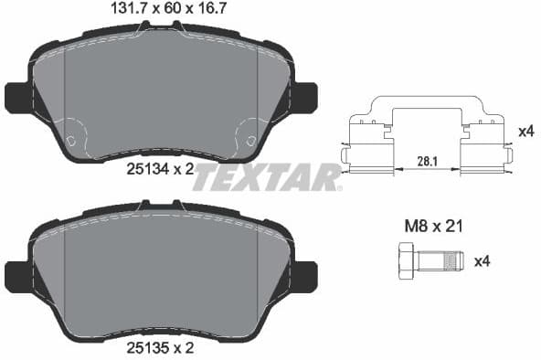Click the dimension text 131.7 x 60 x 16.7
(x=161, y=10)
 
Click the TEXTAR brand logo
(x=266, y=177)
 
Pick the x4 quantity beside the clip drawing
(x=525, y=132)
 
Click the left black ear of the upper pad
(x=16, y=96)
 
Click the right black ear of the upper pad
(x=304, y=96)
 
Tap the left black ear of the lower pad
(x=16, y=274)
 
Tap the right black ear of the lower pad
(x=304, y=274)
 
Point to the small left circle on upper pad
(x=70, y=141)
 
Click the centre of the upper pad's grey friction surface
(x=161, y=91)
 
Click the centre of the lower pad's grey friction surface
(x=161, y=274)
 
